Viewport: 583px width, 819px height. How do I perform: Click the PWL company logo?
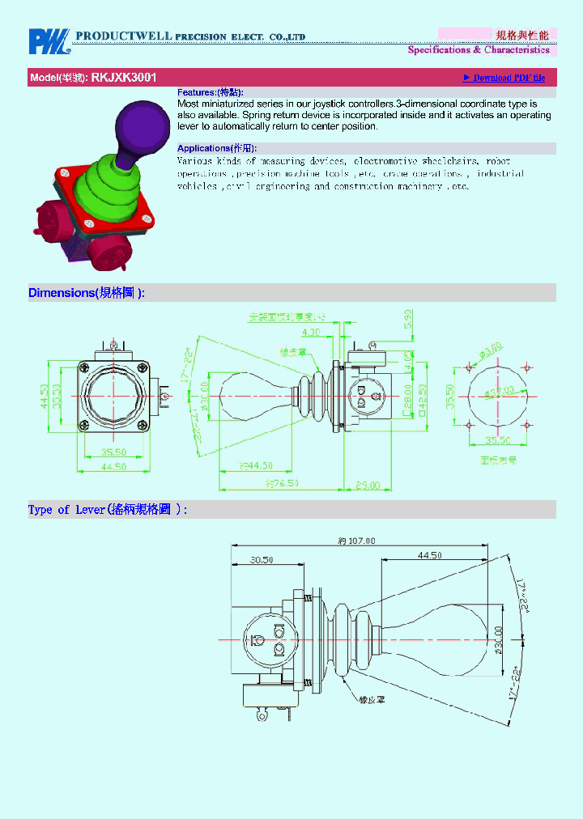[49, 41]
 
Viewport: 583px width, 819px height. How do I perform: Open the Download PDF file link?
[504, 78]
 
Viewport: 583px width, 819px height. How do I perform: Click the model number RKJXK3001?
[124, 78]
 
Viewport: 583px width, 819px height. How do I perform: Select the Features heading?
[210, 93]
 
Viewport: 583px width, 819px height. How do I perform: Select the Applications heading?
[216, 148]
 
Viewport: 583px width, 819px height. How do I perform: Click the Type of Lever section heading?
[108, 510]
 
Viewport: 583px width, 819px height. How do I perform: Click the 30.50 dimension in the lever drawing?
[261, 558]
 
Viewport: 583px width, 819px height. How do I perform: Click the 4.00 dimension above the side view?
[310, 332]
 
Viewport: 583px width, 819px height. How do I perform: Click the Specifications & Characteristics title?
[478, 50]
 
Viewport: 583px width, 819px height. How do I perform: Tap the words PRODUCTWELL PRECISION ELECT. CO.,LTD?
[190, 36]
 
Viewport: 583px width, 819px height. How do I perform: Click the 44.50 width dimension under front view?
[113, 467]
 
